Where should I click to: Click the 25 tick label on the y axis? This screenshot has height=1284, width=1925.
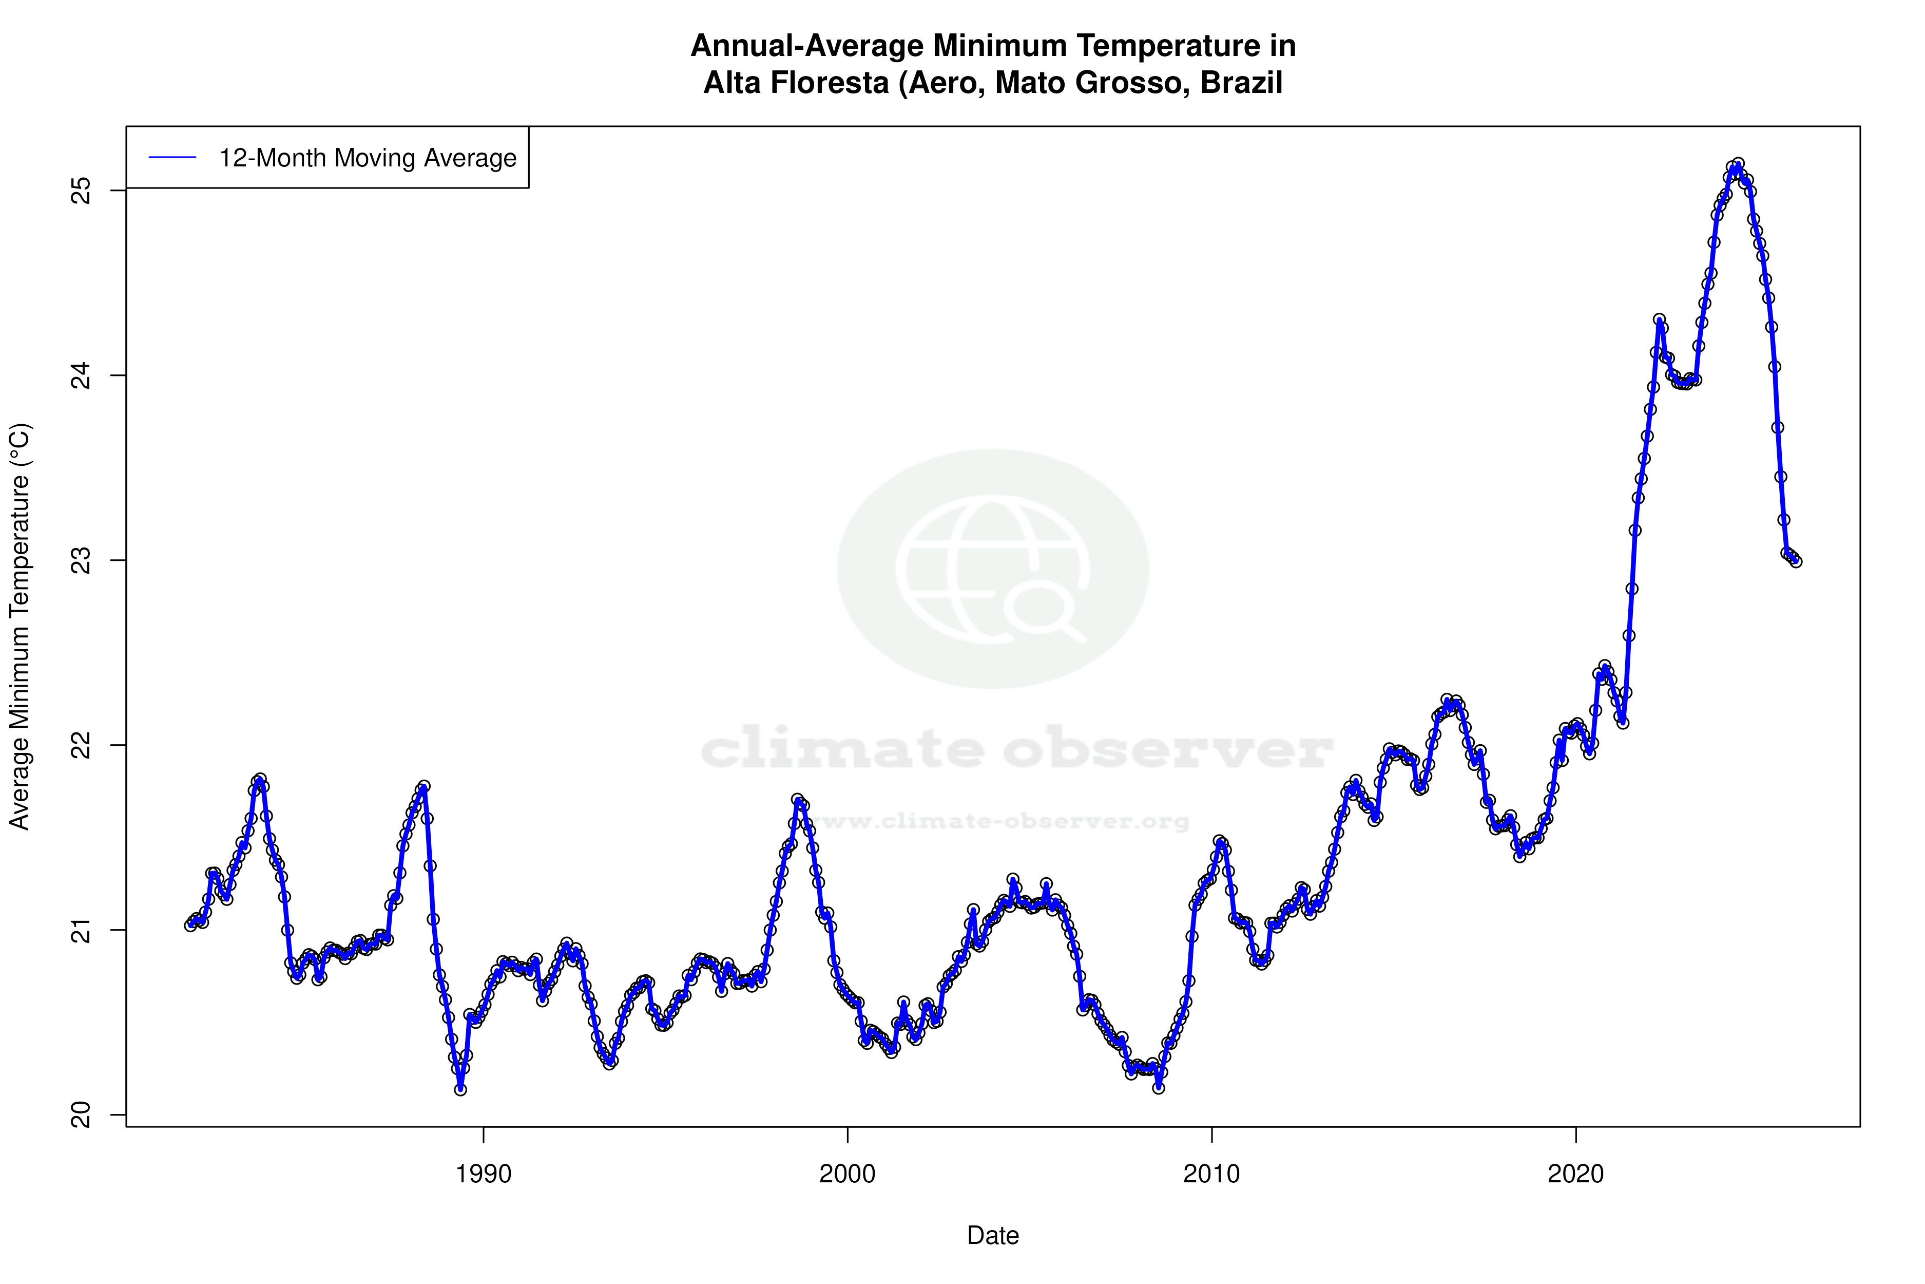point(82,191)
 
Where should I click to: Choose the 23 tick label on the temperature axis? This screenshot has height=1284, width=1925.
point(82,560)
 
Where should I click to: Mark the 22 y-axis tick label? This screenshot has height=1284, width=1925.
point(82,745)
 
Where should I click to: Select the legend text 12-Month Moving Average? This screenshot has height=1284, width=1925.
point(368,158)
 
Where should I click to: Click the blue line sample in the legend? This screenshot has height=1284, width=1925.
point(172,158)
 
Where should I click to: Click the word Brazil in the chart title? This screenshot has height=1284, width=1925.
point(1241,83)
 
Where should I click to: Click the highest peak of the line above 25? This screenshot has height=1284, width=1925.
point(1738,164)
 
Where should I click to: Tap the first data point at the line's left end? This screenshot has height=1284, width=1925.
point(190,926)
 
